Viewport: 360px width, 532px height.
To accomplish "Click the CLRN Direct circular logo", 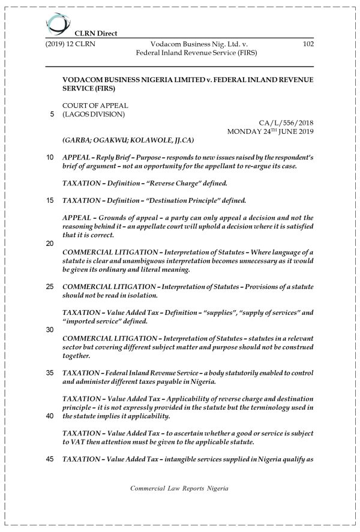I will [58, 24].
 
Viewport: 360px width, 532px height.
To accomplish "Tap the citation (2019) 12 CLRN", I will [70, 44].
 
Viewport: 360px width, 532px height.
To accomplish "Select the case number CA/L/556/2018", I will [286, 122].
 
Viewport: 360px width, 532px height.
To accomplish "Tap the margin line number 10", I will [50, 157].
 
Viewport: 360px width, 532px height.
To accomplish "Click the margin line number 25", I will [50, 287].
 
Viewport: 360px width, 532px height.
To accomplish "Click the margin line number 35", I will [50, 373].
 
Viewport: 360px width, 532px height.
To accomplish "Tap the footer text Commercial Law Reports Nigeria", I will [179, 488].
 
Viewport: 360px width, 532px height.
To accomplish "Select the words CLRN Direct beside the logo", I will [95, 34].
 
